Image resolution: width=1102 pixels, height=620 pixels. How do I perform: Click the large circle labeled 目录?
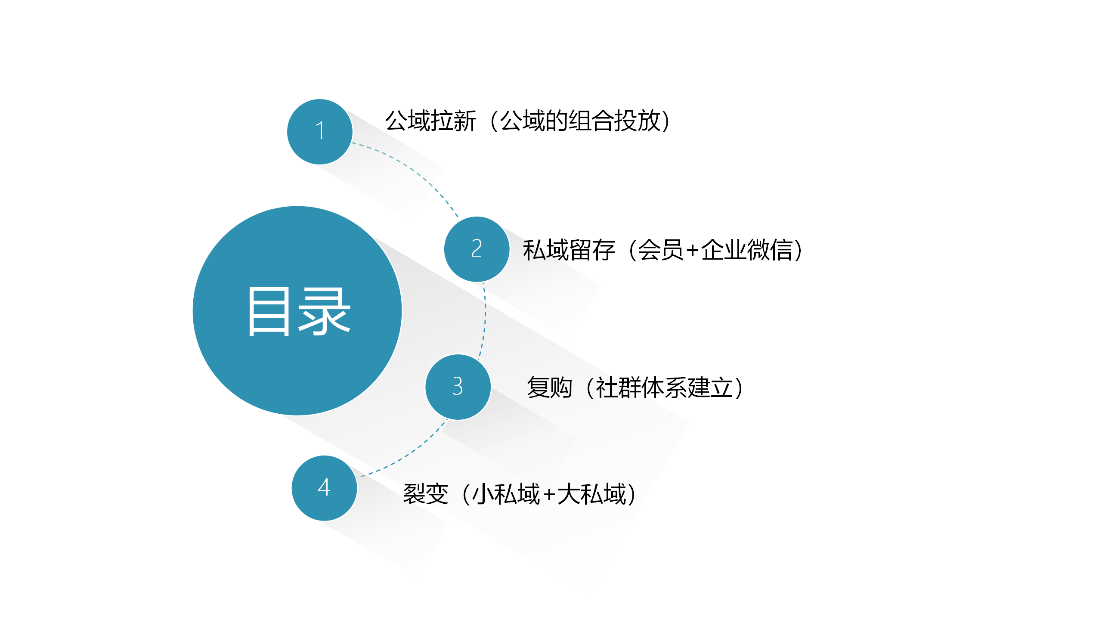coord(297,311)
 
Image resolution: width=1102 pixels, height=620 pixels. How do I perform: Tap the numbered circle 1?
coord(320,132)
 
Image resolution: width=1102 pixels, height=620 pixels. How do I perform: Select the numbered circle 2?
coord(477,249)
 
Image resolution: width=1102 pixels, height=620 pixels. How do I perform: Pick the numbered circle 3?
coord(458,387)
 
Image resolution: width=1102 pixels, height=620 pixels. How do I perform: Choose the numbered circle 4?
coord(325,488)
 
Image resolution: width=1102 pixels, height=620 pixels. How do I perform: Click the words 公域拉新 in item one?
coord(430,121)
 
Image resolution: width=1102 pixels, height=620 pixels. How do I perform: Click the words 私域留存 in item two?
coord(569,250)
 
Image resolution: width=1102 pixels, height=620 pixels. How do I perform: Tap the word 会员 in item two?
coord(660,250)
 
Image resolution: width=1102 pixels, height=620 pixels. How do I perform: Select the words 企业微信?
coord(747,250)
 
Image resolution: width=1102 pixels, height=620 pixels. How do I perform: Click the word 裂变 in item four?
coord(426,494)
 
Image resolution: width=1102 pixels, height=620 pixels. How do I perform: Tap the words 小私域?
coord(506,494)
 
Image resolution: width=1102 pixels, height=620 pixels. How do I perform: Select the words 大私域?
coord(591,494)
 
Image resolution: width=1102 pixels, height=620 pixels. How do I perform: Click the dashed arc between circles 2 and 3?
coord(485,319)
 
